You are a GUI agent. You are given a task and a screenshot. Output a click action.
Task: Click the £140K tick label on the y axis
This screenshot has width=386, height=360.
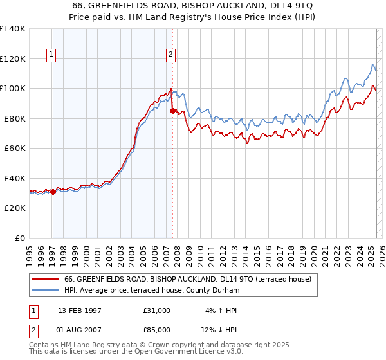13,29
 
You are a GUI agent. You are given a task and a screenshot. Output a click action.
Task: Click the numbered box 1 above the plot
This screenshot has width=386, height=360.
51,55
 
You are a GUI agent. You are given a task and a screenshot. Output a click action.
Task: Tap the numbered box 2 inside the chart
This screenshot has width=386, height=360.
171,55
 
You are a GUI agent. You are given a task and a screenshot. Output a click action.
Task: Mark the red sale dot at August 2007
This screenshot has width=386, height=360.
172,111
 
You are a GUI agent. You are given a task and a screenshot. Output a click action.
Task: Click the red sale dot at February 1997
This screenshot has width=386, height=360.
53,192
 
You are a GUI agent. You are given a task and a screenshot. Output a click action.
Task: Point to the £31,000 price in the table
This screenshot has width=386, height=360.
157,310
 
